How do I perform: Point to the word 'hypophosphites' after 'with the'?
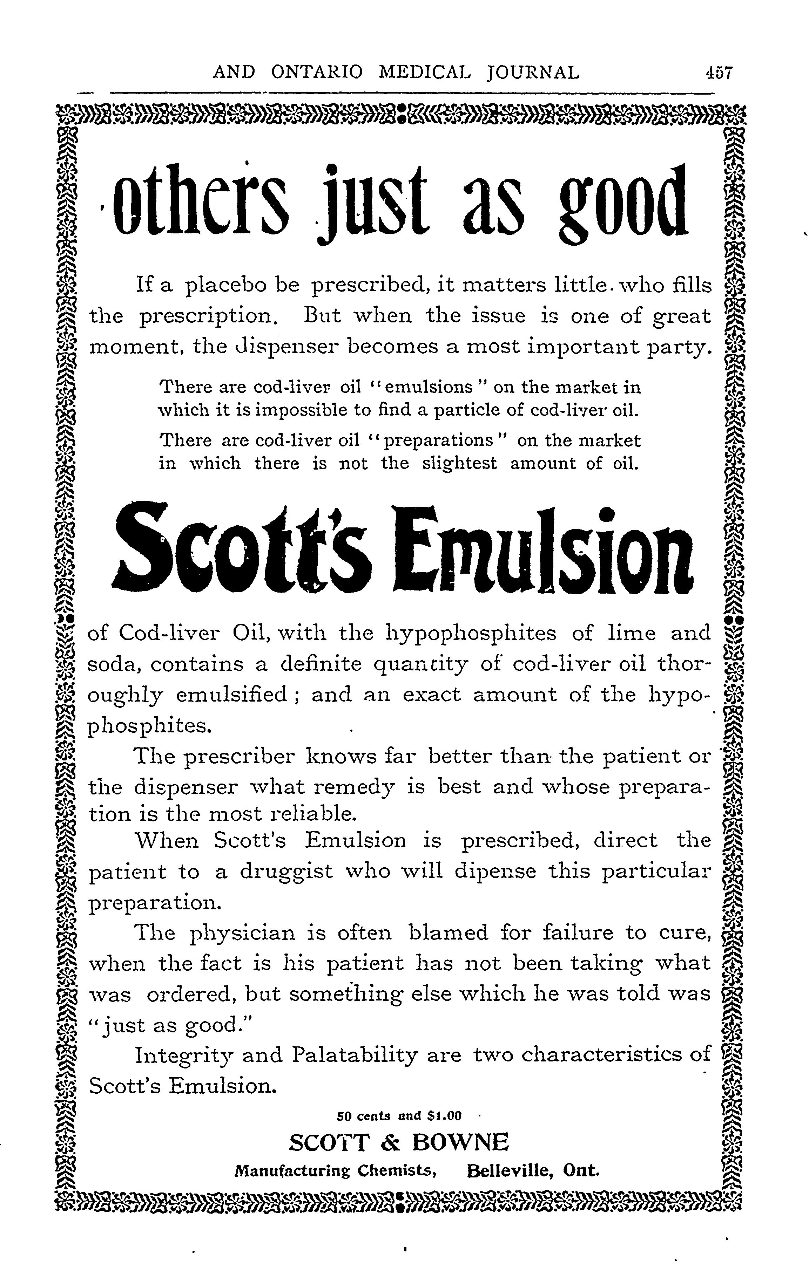472,633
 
